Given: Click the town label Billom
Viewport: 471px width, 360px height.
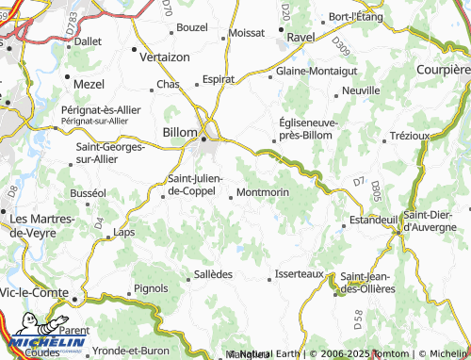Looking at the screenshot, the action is [x=180, y=133].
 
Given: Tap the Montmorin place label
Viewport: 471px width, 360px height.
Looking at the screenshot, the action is [x=263, y=192].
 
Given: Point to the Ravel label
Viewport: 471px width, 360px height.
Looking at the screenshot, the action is [x=300, y=37].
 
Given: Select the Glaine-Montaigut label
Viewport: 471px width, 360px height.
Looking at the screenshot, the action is [x=317, y=71].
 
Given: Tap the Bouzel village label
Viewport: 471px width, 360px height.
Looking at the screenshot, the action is [x=191, y=28].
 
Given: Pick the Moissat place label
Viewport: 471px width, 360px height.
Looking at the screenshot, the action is [x=246, y=32].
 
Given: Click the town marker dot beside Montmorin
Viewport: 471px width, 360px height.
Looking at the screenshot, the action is [x=232, y=196].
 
